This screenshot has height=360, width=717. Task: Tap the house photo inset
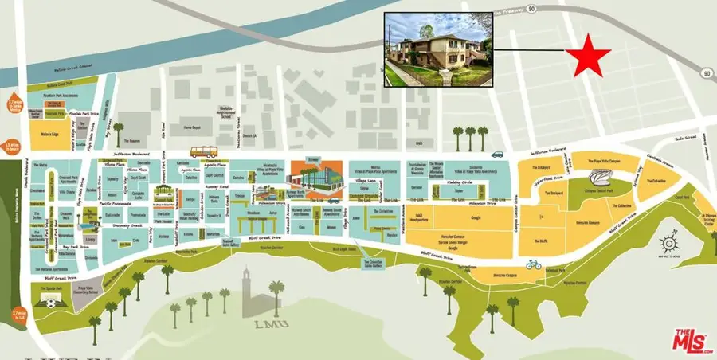point(439,49)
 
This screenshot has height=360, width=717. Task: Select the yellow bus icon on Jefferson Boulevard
point(202,151)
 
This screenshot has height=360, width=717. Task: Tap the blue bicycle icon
point(533,264)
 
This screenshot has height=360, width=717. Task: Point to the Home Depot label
point(191,127)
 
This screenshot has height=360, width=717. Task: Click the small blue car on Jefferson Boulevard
point(497,155)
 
